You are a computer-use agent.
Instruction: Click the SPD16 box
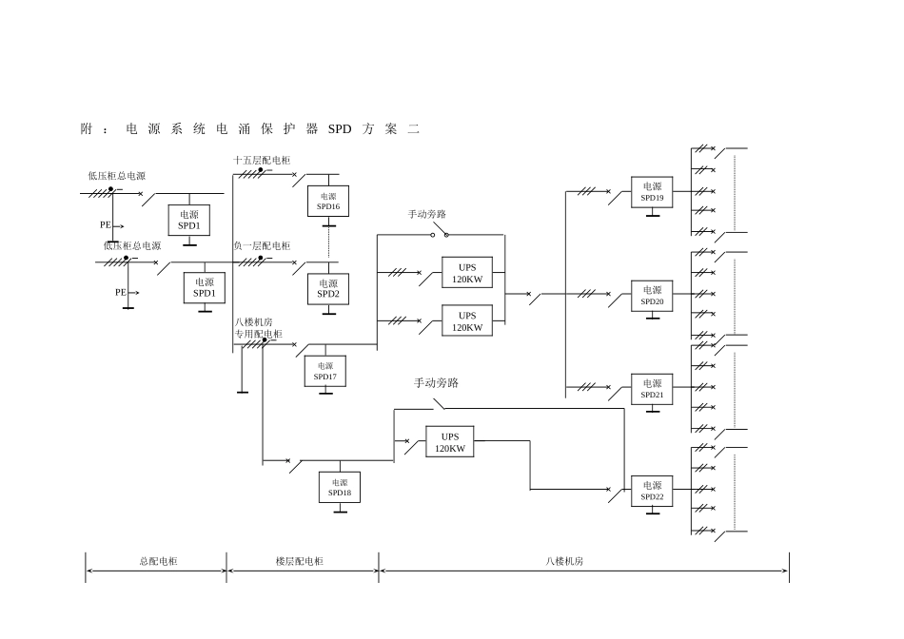click(x=328, y=201)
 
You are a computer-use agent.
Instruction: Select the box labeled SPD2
click(x=328, y=289)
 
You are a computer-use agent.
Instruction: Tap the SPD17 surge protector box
click(x=325, y=371)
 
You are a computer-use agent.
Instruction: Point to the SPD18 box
click(x=340, y=488)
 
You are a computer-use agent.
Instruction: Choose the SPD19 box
click(x=652, y=192)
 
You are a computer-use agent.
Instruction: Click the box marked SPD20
click(x=652, y=296)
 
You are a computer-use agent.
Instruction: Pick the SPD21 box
click(x=652, y=389)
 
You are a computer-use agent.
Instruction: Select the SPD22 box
click(x=652, y=491)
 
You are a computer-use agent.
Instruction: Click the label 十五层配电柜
click(x=262, y=160)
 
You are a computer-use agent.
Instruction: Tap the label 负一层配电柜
click(x=262, y=246)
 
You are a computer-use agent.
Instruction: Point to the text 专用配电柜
click(x=258, y=334)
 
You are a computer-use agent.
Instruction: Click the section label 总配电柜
click(x=159, y=561)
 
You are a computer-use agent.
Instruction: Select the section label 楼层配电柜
click(x=299, y=561)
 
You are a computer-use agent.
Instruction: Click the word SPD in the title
click(x=340, y=129)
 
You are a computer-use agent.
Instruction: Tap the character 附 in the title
click(x=87, y=129)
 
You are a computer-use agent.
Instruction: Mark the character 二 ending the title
click(x=413, y=129)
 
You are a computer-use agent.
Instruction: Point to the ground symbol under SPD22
click(x=653, y=511)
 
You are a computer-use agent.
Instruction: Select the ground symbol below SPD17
click(x=325, y=391)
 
